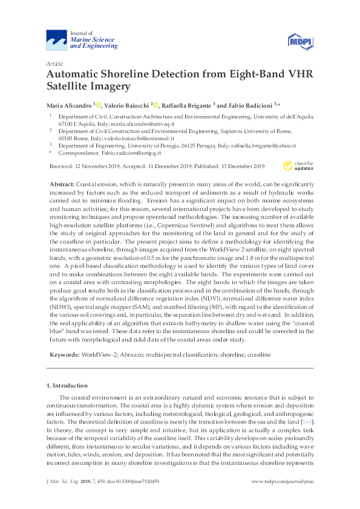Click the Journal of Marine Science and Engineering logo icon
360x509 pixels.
point(57,41)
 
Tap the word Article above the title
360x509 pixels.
point(54,63)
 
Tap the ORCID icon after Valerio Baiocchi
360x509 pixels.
point(155,105)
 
